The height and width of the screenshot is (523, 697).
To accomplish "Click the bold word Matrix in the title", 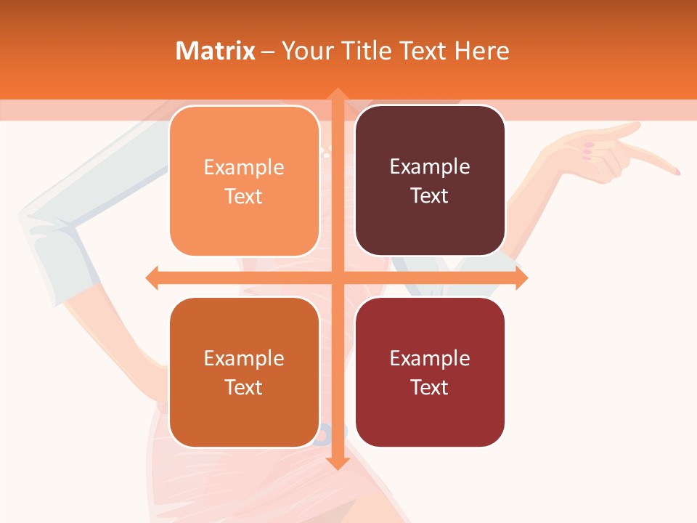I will click(215, 51).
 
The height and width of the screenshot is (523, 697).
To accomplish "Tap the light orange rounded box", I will click(244, 181).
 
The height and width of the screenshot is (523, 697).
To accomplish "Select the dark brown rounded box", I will click(430, 181).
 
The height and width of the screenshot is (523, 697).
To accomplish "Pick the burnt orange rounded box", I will click(244, 373).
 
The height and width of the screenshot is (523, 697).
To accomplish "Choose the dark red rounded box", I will click(430, 373).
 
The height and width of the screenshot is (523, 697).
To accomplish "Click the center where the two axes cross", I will click(337, 277).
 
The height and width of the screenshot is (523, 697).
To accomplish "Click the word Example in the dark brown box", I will click(430, 167).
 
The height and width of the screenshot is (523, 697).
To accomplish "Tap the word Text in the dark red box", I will click(430, 387).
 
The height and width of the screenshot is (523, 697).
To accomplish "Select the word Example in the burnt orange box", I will click(244, 359).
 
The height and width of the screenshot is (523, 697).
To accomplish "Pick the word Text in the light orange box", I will click(244, 196).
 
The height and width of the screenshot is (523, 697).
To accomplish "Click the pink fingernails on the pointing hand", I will click(588, 152).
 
